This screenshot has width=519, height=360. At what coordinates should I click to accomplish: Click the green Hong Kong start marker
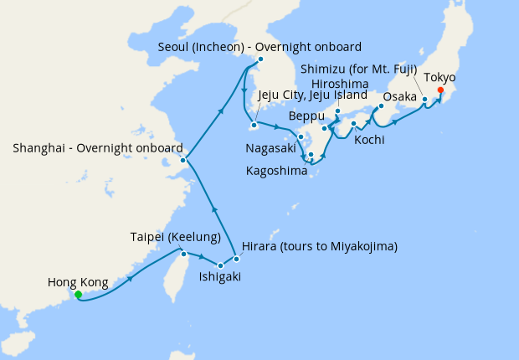[78, 295]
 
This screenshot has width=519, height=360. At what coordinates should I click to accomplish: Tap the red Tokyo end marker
[440, 90]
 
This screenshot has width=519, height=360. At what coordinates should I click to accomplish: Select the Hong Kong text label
[78, 282]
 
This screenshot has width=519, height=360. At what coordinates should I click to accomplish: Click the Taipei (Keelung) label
[176, 236]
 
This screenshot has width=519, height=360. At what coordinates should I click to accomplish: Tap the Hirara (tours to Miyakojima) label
[319, 247]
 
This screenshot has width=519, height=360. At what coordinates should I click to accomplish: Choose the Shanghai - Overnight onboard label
[98, 148]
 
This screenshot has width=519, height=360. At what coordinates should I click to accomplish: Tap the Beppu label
[305, 115]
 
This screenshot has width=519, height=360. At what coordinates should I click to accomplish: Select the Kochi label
[369, 139]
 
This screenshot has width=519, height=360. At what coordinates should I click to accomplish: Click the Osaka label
[399, 97]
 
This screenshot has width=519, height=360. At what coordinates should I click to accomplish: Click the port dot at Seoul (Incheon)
[260, 59]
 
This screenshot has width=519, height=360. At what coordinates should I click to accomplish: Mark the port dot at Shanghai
[182, 160]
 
